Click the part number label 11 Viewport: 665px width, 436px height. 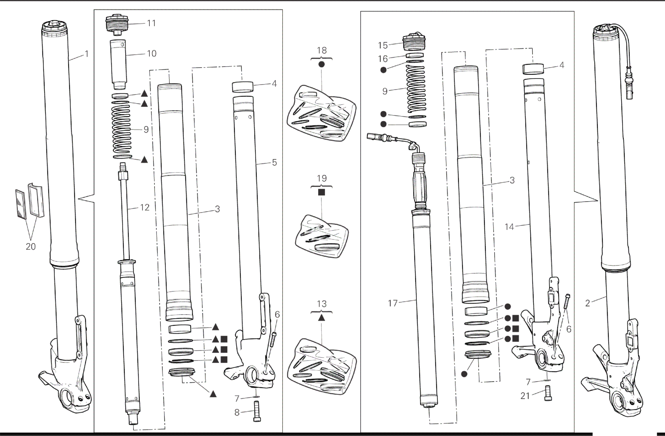click(x=151, y=23)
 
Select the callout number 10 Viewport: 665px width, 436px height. click(x=151, y=53)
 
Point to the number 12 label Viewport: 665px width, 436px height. click(x=145, y=207)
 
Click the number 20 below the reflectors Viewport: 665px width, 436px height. click(x=31, y=247)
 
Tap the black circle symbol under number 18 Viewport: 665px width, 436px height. click(x=322, y=64)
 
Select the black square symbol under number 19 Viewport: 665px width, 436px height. click(x=321, y=192)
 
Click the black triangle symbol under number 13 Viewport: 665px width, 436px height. click(x=322, y=317)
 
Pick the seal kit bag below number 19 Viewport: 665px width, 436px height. click(x=321, y=234)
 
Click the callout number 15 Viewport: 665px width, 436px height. click(x=383, y=45)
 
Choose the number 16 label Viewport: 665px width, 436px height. click(x=383, y=59)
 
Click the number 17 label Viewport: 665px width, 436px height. click(x=393, y=303)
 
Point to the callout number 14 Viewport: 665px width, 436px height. click(x=509, y=227)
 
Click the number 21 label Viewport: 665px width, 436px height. click(x=525, y=396)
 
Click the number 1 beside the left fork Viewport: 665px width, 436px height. click(x=86, y=54)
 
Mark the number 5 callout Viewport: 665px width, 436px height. click(x=274, y=162)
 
